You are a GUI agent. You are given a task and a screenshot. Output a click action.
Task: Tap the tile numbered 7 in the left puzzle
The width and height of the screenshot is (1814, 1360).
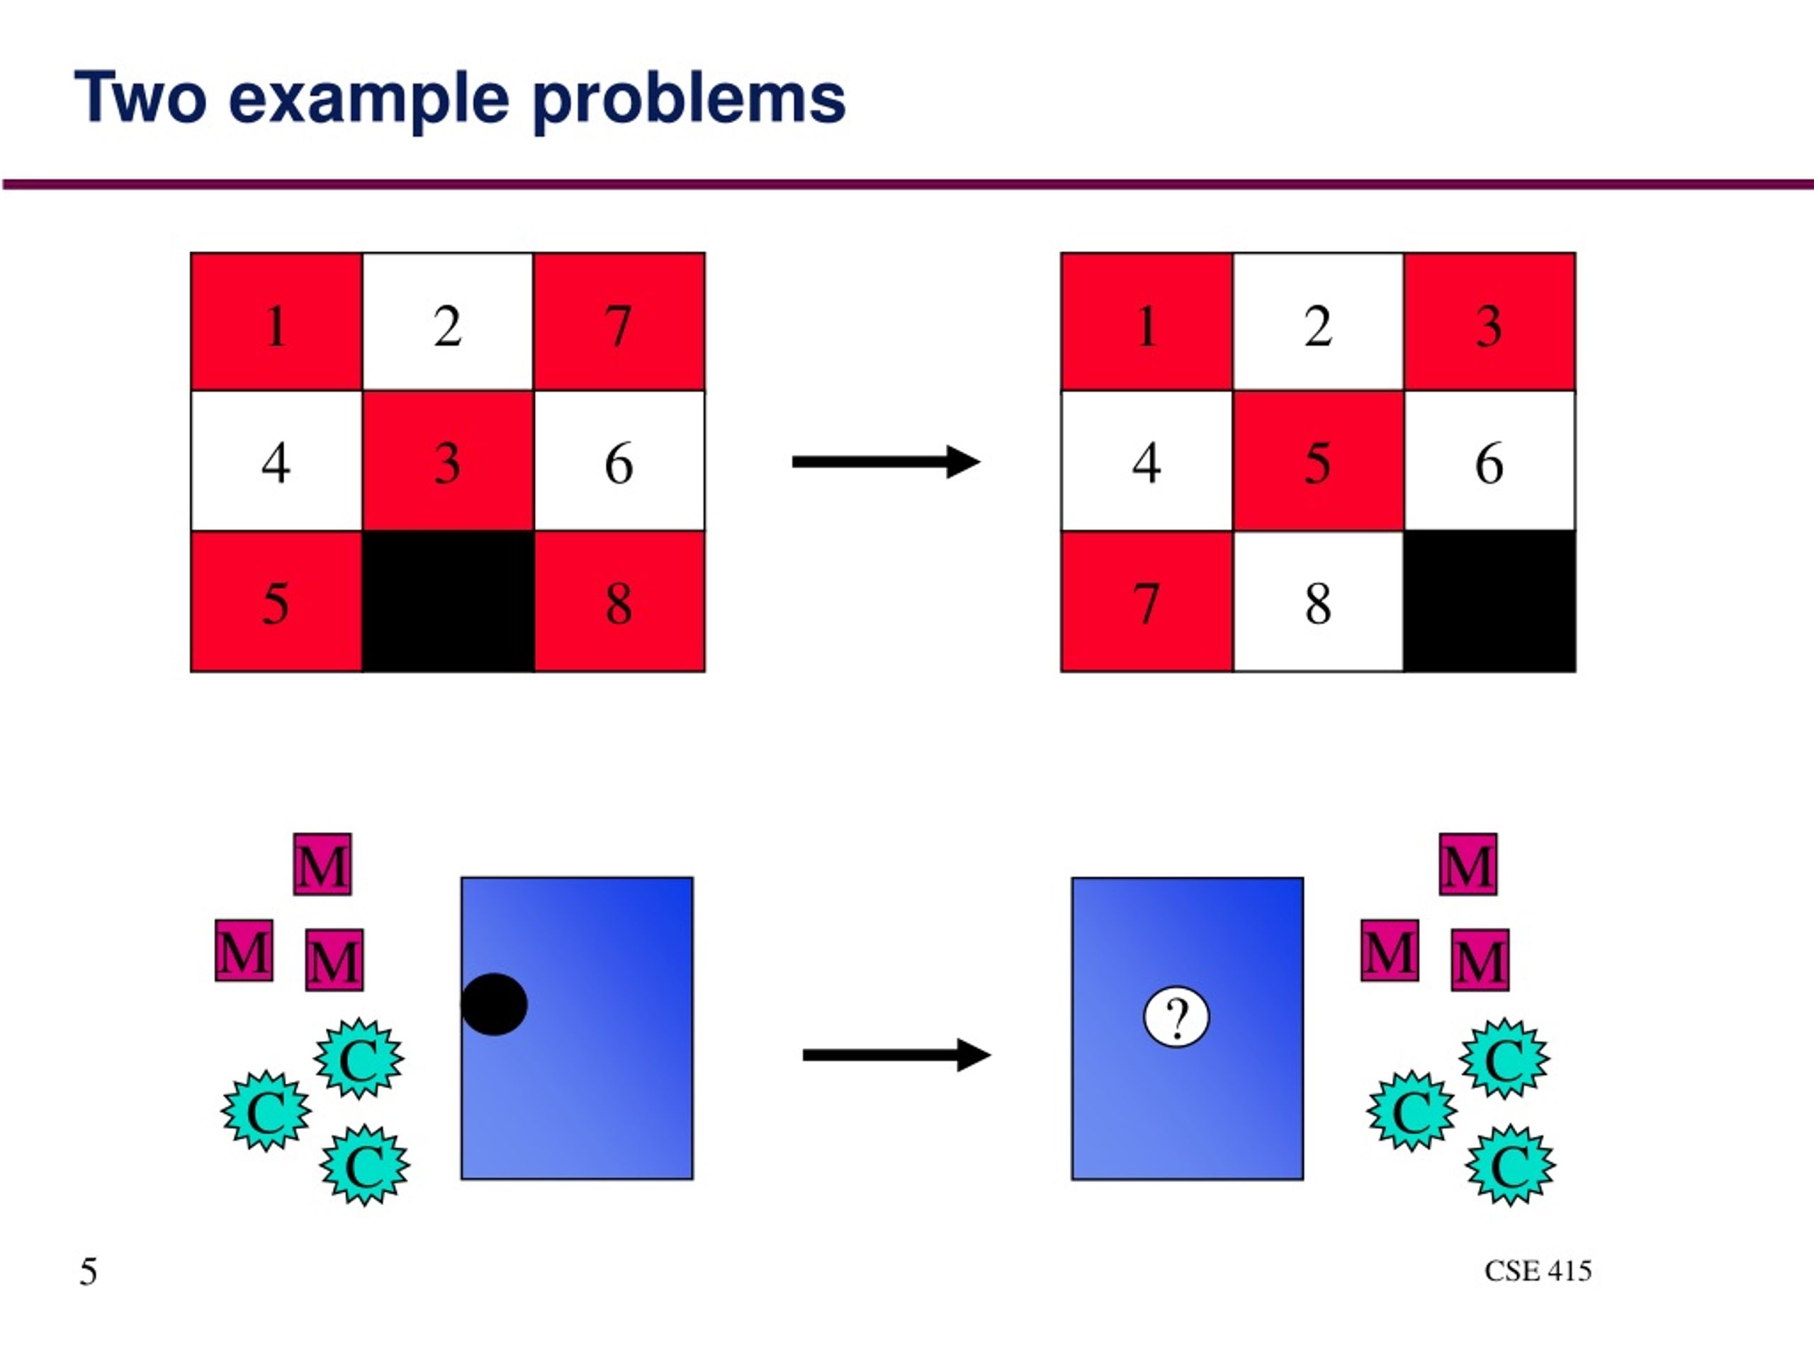pos(619,322)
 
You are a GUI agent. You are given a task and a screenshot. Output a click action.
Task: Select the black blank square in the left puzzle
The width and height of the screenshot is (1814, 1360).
pos(448,601)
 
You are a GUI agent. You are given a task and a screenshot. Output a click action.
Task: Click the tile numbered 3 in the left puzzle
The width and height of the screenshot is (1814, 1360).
pos(448,460)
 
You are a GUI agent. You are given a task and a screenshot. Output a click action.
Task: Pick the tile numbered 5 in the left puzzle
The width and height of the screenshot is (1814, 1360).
pos(276,601)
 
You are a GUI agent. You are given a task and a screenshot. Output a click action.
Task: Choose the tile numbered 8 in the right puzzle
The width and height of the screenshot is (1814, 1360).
pos(1318,601)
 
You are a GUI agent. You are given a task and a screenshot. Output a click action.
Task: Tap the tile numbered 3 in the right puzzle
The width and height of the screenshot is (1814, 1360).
pos(1489,322)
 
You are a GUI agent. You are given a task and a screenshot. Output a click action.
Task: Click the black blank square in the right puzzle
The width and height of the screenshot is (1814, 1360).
pos(1489,601)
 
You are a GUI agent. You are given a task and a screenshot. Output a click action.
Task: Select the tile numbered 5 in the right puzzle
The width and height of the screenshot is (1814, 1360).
pos(1318,460)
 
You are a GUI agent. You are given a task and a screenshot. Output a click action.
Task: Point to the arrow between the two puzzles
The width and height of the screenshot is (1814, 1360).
pos(886,462)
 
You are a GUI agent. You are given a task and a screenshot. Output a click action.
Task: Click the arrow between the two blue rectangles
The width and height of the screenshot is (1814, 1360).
pos(896,1055)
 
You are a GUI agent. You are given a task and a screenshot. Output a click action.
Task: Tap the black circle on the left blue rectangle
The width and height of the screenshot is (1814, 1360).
pos(494,1004)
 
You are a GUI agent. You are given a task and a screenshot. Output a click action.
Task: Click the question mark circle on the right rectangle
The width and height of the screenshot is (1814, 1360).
pos(1176,1017)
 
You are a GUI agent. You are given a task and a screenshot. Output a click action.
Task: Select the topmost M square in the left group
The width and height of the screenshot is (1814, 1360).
pos(322,864)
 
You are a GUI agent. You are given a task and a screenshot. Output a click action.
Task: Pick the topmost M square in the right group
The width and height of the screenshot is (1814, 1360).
pos(1468,864)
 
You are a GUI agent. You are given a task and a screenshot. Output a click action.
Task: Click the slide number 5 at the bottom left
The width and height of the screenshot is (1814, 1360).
pos(89,1271)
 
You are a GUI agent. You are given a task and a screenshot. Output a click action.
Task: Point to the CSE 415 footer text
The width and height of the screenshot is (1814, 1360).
pos(1538,1271)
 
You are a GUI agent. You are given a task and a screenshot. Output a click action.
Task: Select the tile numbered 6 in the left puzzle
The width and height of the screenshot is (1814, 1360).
pos(619,460)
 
